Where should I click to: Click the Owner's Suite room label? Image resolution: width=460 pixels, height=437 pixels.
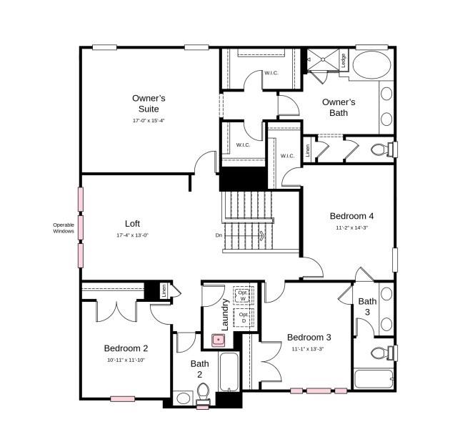[149, 103]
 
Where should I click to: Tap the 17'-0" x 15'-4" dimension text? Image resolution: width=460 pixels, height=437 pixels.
[149, 121]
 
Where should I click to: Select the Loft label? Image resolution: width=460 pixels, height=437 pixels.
[132, 223]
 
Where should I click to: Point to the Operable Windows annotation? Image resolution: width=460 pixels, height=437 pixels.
[64, 228]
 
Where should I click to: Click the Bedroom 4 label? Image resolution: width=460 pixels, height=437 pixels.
[351, 215]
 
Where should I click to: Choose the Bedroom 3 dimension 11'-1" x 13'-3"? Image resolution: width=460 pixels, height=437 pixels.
[308, 349]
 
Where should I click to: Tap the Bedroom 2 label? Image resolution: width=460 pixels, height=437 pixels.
[126, 348]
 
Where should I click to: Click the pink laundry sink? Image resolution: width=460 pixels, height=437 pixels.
[218, 339]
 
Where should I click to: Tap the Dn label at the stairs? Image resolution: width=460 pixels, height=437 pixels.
[219, 235]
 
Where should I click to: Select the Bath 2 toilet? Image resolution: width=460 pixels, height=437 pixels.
[202, 392]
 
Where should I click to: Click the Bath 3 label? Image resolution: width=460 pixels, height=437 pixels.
[367, 306]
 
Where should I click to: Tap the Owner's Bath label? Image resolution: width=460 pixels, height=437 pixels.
[339, 107]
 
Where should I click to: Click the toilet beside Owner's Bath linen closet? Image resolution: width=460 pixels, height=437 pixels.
[382, 149]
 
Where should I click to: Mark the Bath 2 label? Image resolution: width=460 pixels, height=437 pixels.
[199, 368]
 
